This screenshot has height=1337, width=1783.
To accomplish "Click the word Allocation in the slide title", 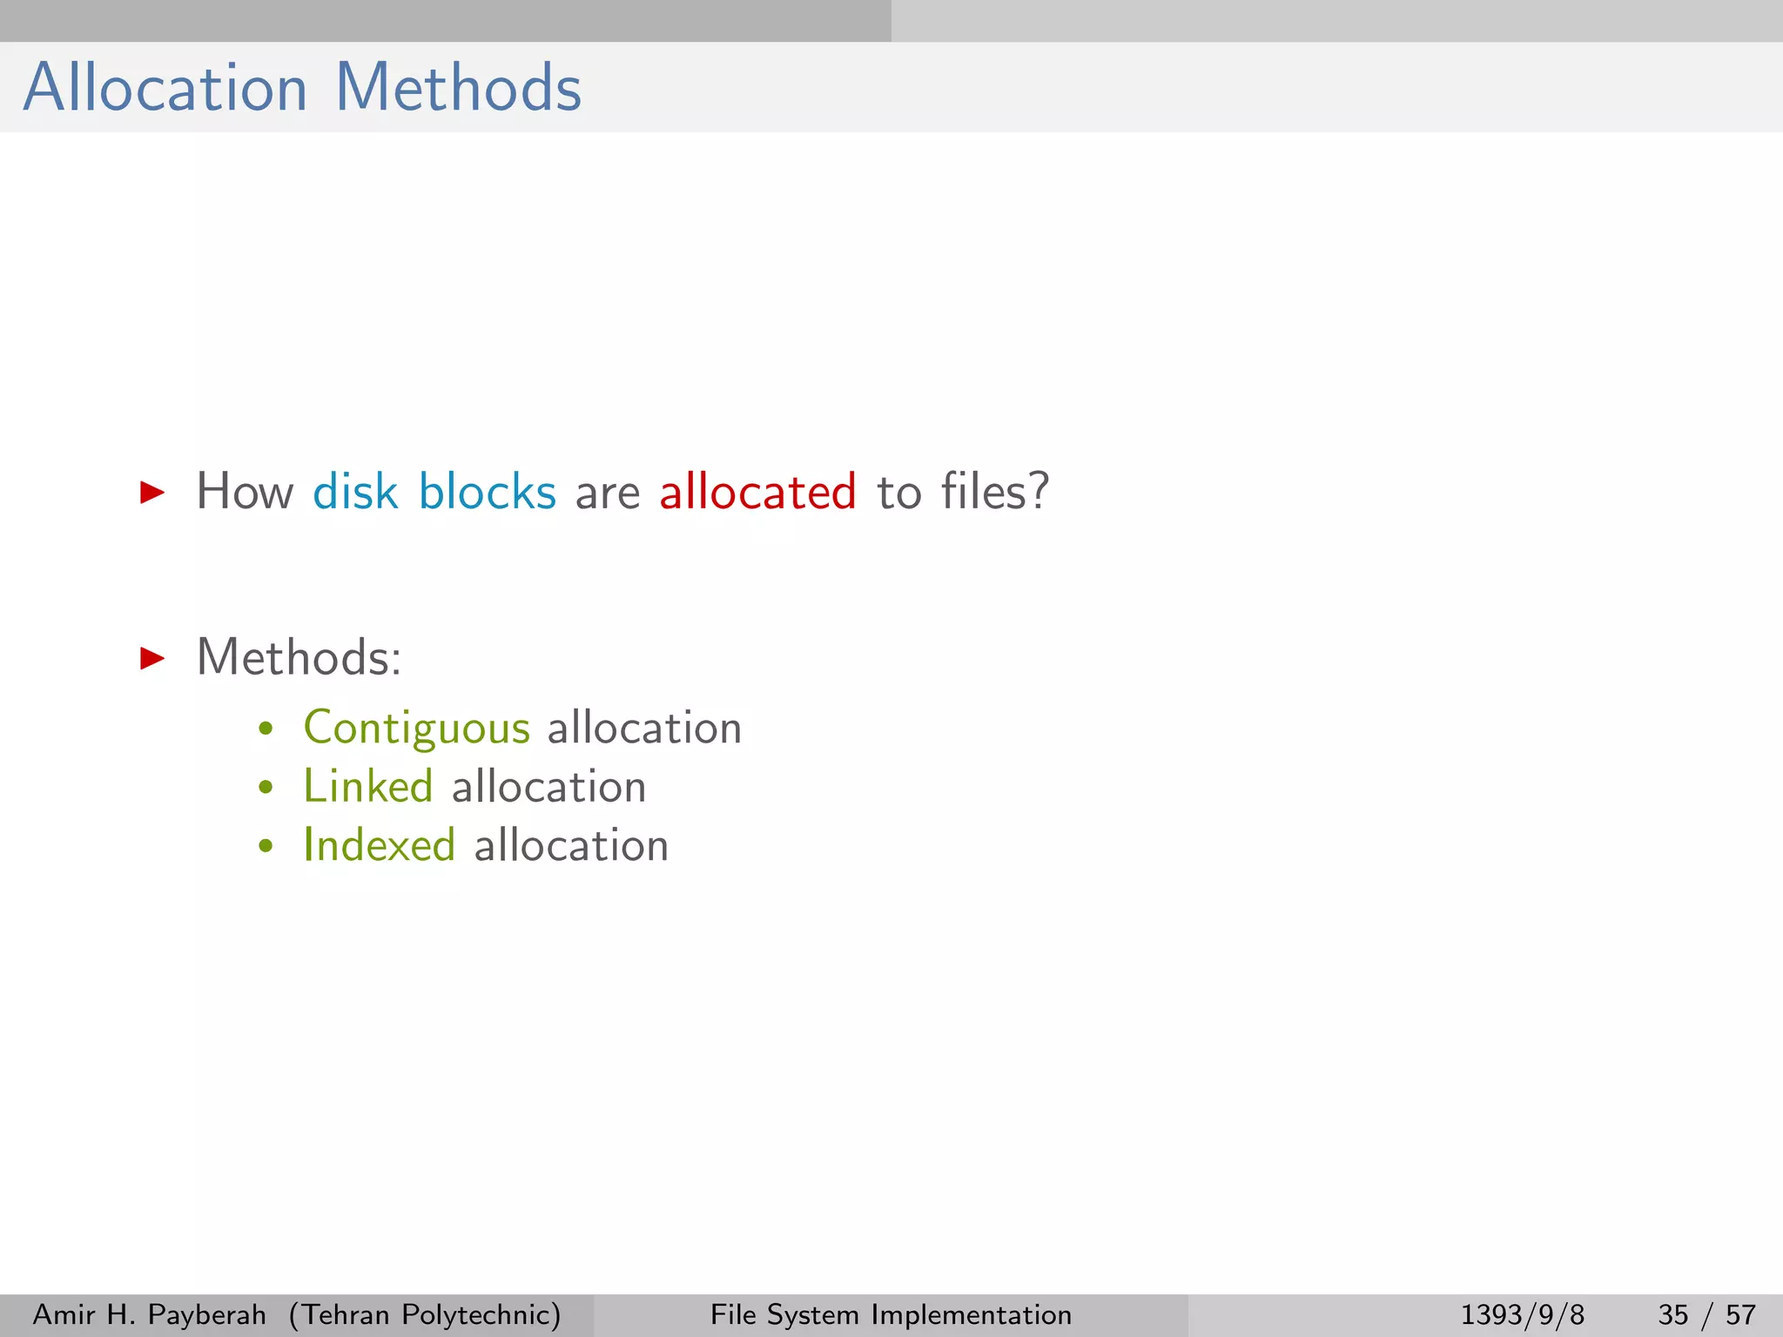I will tap(165, 88).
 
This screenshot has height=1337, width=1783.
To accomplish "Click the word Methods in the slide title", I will tap(458, 88).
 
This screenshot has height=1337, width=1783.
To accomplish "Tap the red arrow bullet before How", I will tap(152, 493).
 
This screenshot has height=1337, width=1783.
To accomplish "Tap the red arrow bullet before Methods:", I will tap(152, 658).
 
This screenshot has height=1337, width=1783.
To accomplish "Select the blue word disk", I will tap(355, 492).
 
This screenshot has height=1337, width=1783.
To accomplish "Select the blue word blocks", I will tap(487, 492).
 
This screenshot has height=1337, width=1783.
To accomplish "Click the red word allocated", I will tap(757, 492).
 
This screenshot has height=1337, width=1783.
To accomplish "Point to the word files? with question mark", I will tap(994, 492).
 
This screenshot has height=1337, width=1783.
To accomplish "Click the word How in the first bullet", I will tap(245, 492).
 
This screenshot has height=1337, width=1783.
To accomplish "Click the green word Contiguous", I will tap(416, 729).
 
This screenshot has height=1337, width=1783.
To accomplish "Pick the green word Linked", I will tap(367, 787).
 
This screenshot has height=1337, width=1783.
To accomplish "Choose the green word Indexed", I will tap(379, 845).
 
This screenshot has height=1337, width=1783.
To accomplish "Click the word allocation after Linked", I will tap(548, 787).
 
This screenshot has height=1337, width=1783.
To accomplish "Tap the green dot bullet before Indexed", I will tap(266, 846).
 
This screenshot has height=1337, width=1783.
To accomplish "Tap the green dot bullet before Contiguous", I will tap(266, 729).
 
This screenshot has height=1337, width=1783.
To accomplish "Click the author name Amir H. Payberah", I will tap(149, 1314).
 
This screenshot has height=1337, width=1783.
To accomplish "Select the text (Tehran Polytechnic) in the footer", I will tap(425, 1314).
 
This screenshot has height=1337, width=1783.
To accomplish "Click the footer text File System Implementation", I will tap(891, 1314).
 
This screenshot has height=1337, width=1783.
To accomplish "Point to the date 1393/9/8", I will tap(1522, 1314).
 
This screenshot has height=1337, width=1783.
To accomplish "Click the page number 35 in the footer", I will tap(1672, 1314).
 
